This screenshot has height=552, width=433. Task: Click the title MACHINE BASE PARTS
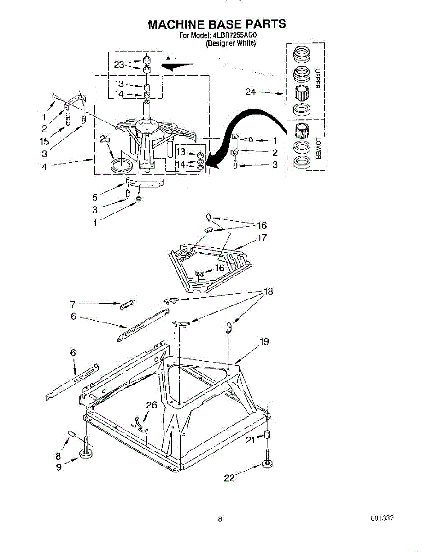coord(216,24)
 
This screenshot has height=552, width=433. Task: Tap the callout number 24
coord(251,92)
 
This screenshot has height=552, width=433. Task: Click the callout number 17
coord(262,238)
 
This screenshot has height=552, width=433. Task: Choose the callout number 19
coord(264,341)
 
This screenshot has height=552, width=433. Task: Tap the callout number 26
coord(152,405)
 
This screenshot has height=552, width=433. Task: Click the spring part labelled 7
coord(127,304)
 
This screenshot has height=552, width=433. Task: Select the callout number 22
coord(229,478)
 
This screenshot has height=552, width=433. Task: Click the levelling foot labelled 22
coord(267,464)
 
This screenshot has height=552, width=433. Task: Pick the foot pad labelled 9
coord(86,454)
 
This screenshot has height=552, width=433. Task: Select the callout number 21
coord(250,440)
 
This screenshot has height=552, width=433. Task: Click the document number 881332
coord(382,518)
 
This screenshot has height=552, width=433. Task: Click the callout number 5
coord(94,198)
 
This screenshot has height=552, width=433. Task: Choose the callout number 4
coord(44,167)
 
